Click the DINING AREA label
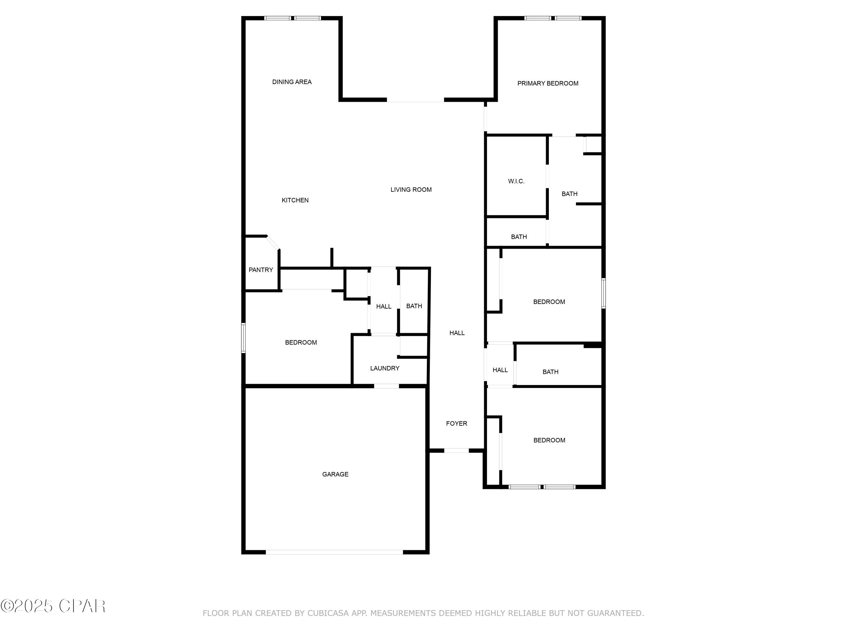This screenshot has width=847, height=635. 292,82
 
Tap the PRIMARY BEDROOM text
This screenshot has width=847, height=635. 547,84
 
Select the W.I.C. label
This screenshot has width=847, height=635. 516,181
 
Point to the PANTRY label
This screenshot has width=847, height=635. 261,270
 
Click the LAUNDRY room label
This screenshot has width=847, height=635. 385,368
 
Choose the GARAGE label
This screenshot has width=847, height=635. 335,474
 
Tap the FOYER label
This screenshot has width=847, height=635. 457,423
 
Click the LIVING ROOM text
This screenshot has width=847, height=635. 411,189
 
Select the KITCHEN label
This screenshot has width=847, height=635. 295,200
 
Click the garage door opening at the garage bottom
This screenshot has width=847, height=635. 334,552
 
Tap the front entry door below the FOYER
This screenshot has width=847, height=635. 457,450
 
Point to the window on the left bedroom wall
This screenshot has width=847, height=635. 243,338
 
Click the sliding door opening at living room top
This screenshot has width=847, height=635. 416,100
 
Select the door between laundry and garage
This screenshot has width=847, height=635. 386,386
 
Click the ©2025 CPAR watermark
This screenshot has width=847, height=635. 53,606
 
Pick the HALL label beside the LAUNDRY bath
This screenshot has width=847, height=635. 384,306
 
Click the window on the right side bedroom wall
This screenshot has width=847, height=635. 603,293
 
